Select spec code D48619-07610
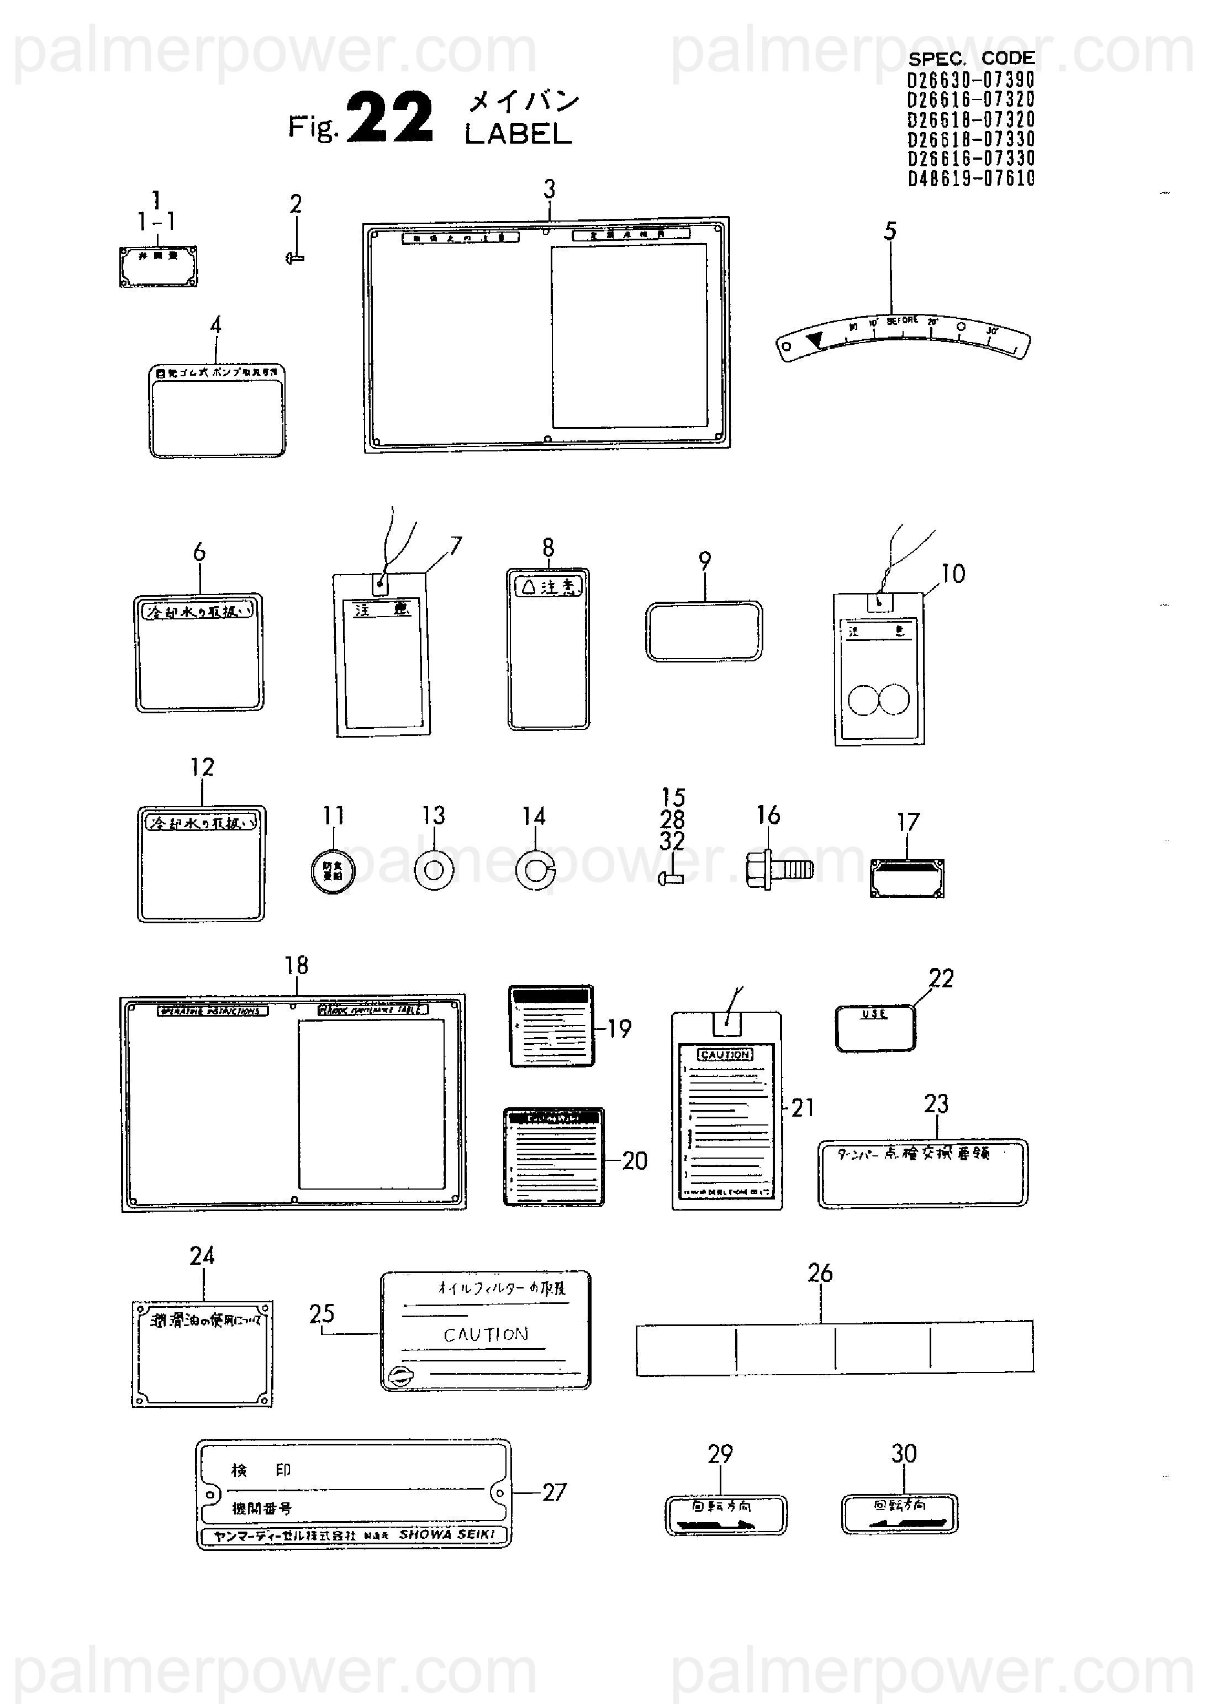(x=970, y=178)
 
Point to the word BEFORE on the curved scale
(x=903, y=320)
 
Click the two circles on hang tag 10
(x=878, y=700)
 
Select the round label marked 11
(x=332, y=870)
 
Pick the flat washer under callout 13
(x=434, y=869)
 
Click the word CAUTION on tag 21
(x=725, y=1054)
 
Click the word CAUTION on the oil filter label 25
(x=486, y=1334)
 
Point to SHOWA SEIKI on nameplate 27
(x=447, y=1534)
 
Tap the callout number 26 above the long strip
(x=820, y=1273)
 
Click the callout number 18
(x=296, y=965)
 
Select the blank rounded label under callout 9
(x=704, y=631)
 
